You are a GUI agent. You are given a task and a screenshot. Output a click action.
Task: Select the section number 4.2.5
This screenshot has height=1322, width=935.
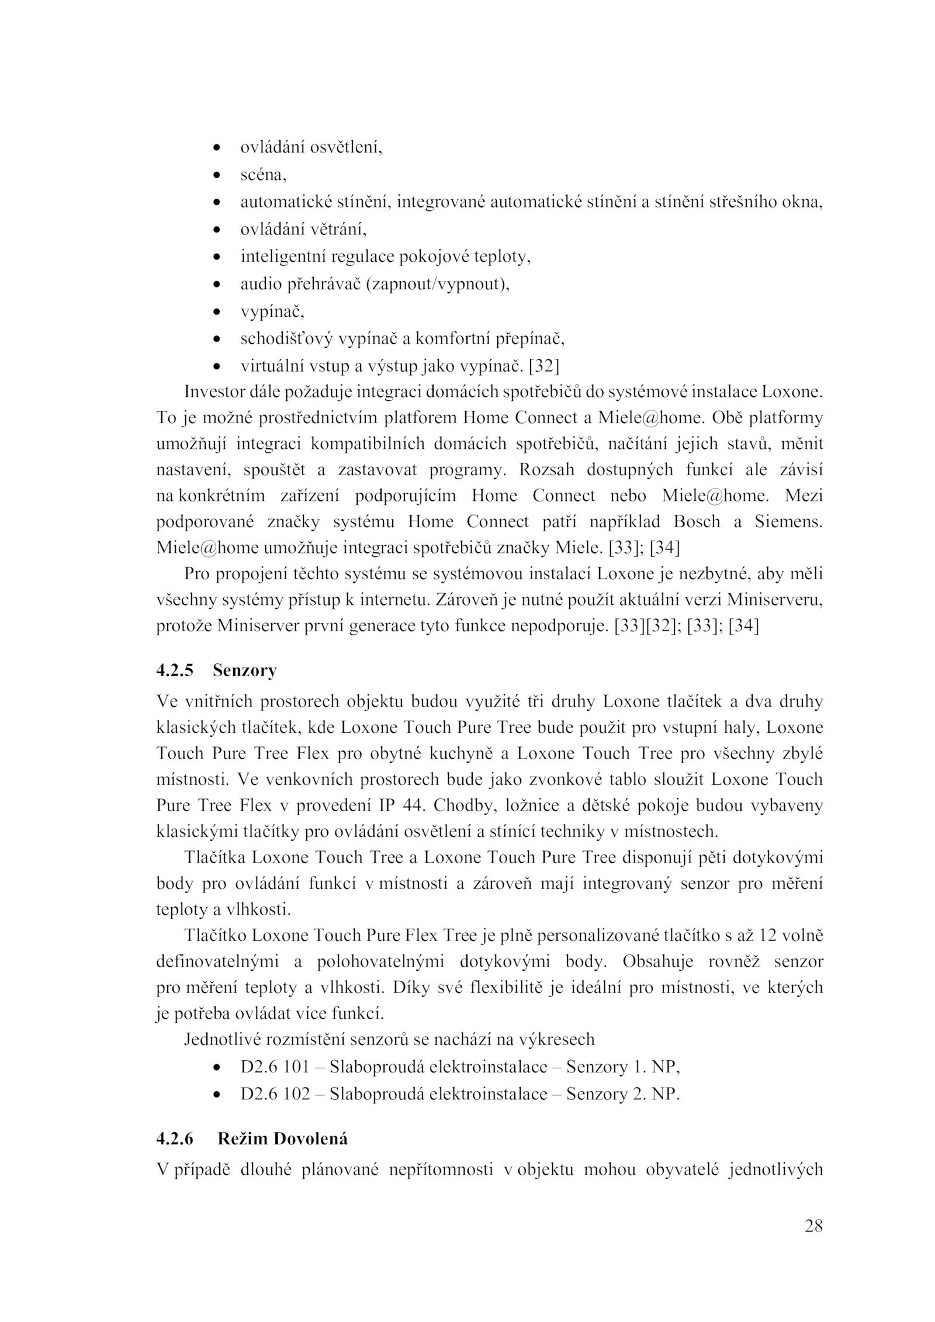(x=174, y=670)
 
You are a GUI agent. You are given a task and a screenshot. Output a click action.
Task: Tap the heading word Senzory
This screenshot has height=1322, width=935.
(x=244, y=670)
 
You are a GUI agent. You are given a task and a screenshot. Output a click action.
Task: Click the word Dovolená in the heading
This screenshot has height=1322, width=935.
(x=310, y=1138)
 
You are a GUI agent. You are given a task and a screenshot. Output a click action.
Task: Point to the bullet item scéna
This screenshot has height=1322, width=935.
(x=263, y=175)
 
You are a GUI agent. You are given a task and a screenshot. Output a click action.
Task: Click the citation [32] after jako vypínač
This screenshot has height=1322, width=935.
(x=543, y=366)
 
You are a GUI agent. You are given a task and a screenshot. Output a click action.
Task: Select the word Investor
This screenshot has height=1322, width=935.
(x=210, y=392)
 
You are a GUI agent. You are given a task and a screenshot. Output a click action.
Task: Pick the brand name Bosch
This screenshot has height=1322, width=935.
(x=697, y=521)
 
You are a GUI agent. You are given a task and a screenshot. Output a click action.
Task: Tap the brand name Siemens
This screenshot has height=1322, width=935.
(x=788, y=521)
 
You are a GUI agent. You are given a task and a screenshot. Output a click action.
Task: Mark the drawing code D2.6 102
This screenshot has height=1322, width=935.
(x=275, y=1093)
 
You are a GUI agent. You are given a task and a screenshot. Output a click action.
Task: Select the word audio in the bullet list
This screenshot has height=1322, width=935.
(x=260, y=285)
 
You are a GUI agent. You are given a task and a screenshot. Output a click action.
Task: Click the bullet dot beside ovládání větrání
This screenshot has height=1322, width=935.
(x=217, y=230)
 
